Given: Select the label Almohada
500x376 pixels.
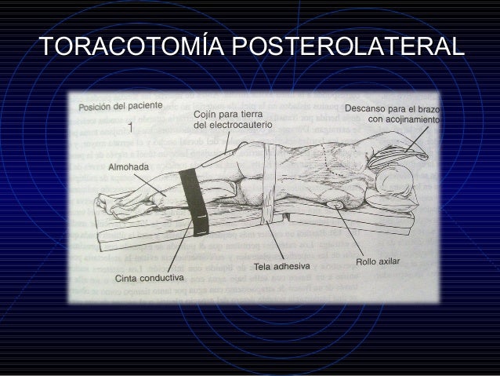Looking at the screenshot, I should click(128, 167).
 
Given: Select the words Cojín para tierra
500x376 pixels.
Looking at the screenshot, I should click(226, 114).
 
